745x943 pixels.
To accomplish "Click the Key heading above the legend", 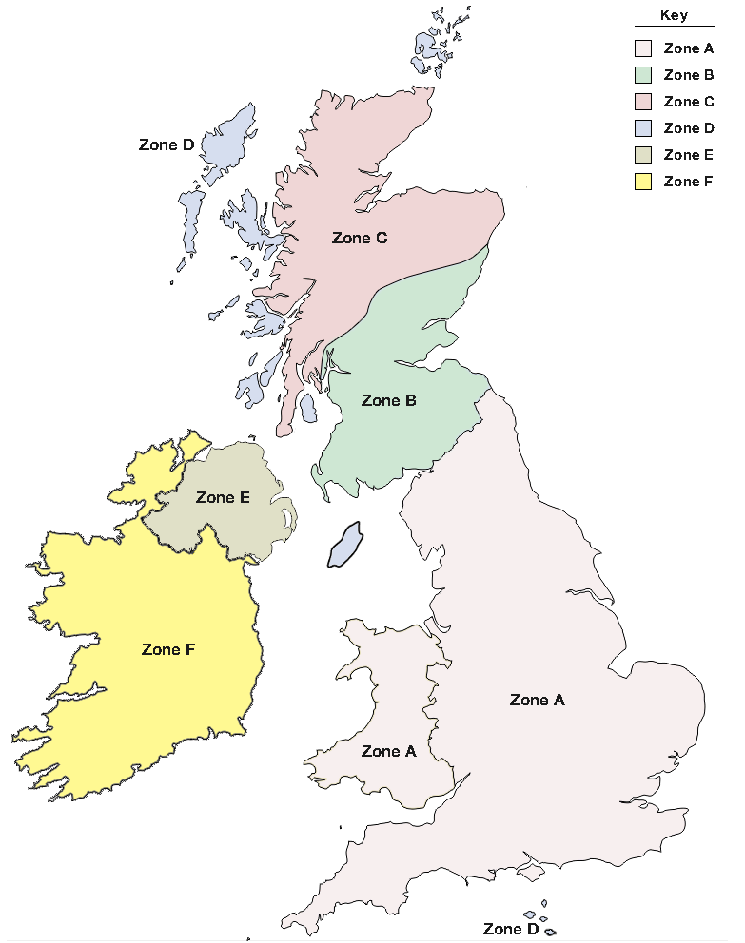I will click(674, 16).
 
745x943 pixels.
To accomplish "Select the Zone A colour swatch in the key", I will click(644, 48).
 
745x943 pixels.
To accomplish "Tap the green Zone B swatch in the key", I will click(644, 75).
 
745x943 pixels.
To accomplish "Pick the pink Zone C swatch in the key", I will click(644, 102).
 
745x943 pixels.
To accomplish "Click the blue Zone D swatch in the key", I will click(644, 128).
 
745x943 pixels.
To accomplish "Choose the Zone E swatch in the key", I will click(644, 155).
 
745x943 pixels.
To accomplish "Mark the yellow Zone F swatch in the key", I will click(644, 182).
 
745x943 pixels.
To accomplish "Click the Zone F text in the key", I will click(688, 182).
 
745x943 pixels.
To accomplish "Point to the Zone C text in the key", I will click(688, 102).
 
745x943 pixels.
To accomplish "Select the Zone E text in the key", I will click(688, 155).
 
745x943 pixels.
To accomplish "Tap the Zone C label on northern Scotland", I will click(359, 238).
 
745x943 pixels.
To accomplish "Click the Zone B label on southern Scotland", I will click(388, 401).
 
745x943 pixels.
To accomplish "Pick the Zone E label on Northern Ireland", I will click(223, 497).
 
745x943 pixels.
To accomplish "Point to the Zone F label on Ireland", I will click(168, 649).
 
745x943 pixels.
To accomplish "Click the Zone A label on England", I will click(537, 700).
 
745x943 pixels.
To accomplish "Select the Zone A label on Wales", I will click(388, 751).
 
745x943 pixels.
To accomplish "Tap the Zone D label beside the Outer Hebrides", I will click(167, 145).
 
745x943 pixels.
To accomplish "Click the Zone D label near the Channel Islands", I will click(510, 929).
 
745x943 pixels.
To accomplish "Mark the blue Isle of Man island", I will click(344, 546).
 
